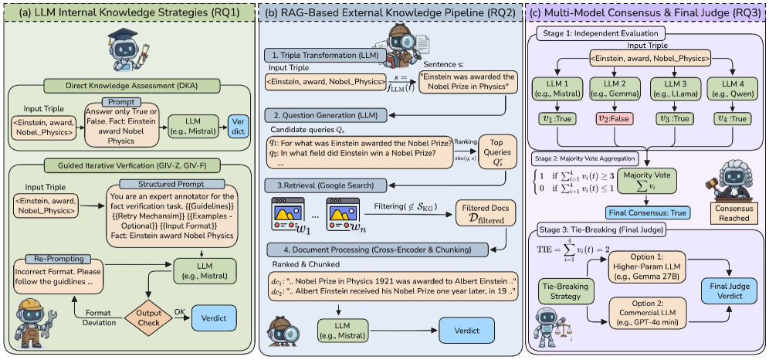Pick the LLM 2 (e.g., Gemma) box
tap(610, 89)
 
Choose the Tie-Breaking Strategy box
tap(563, 292)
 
